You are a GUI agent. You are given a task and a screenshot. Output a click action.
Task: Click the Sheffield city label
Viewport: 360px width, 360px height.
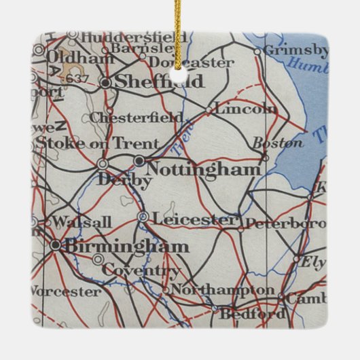(x=160, y=82)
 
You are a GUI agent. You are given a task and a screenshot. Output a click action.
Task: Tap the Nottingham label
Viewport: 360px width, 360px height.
(x=203, y=168)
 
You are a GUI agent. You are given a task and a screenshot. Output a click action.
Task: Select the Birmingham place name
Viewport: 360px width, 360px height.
(x=126, y=246)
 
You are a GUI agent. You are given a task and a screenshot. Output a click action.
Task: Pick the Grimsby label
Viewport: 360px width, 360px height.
(x=295, y=50)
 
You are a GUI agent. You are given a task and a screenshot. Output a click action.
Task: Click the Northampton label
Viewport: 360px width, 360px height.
(x=222, y=290)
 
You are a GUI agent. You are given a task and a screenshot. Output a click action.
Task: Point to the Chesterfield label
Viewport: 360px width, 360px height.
(x=145, y=118)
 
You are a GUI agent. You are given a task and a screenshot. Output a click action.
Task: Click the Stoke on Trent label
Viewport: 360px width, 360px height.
(x=96, y=143)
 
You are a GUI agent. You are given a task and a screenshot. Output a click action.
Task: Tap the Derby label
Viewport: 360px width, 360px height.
(x=124, y=181)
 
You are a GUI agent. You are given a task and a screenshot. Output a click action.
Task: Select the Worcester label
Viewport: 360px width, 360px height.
(x=65, y=292)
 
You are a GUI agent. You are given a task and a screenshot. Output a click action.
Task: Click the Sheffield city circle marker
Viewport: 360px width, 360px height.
(x=105, y=82)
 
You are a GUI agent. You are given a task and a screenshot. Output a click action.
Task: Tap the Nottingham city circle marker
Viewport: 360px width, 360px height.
(x=139, y=161)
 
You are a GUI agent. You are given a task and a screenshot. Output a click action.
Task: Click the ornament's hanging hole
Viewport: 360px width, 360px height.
(x=179, y=75)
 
